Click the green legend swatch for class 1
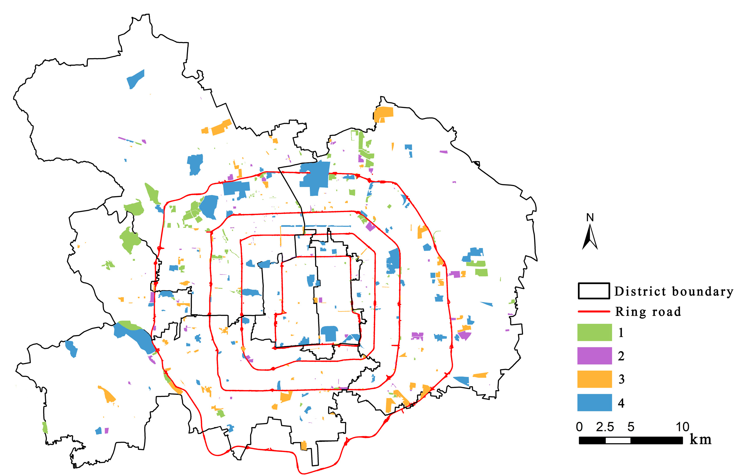pos(594,332)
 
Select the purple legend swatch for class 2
pos(594,356)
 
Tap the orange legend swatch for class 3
pos(594,379)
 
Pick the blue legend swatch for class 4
pos(594,403)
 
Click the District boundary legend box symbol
pos(594,291)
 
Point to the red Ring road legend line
pos(594,311)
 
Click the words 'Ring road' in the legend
pos(648,312)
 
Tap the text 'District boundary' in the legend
pos(673,291)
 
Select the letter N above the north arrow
pos(590,218)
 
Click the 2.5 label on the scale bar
pos(605,427)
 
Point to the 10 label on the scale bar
pos(682,427)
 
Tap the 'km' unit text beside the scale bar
pos(700,439)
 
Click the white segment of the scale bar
pos(618,440)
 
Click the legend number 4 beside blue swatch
pos(621,403)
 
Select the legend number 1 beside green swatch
pos(621,332)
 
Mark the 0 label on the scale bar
pos(579,427)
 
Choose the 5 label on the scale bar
pos(631,427)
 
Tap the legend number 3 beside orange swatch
pos(621,379)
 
